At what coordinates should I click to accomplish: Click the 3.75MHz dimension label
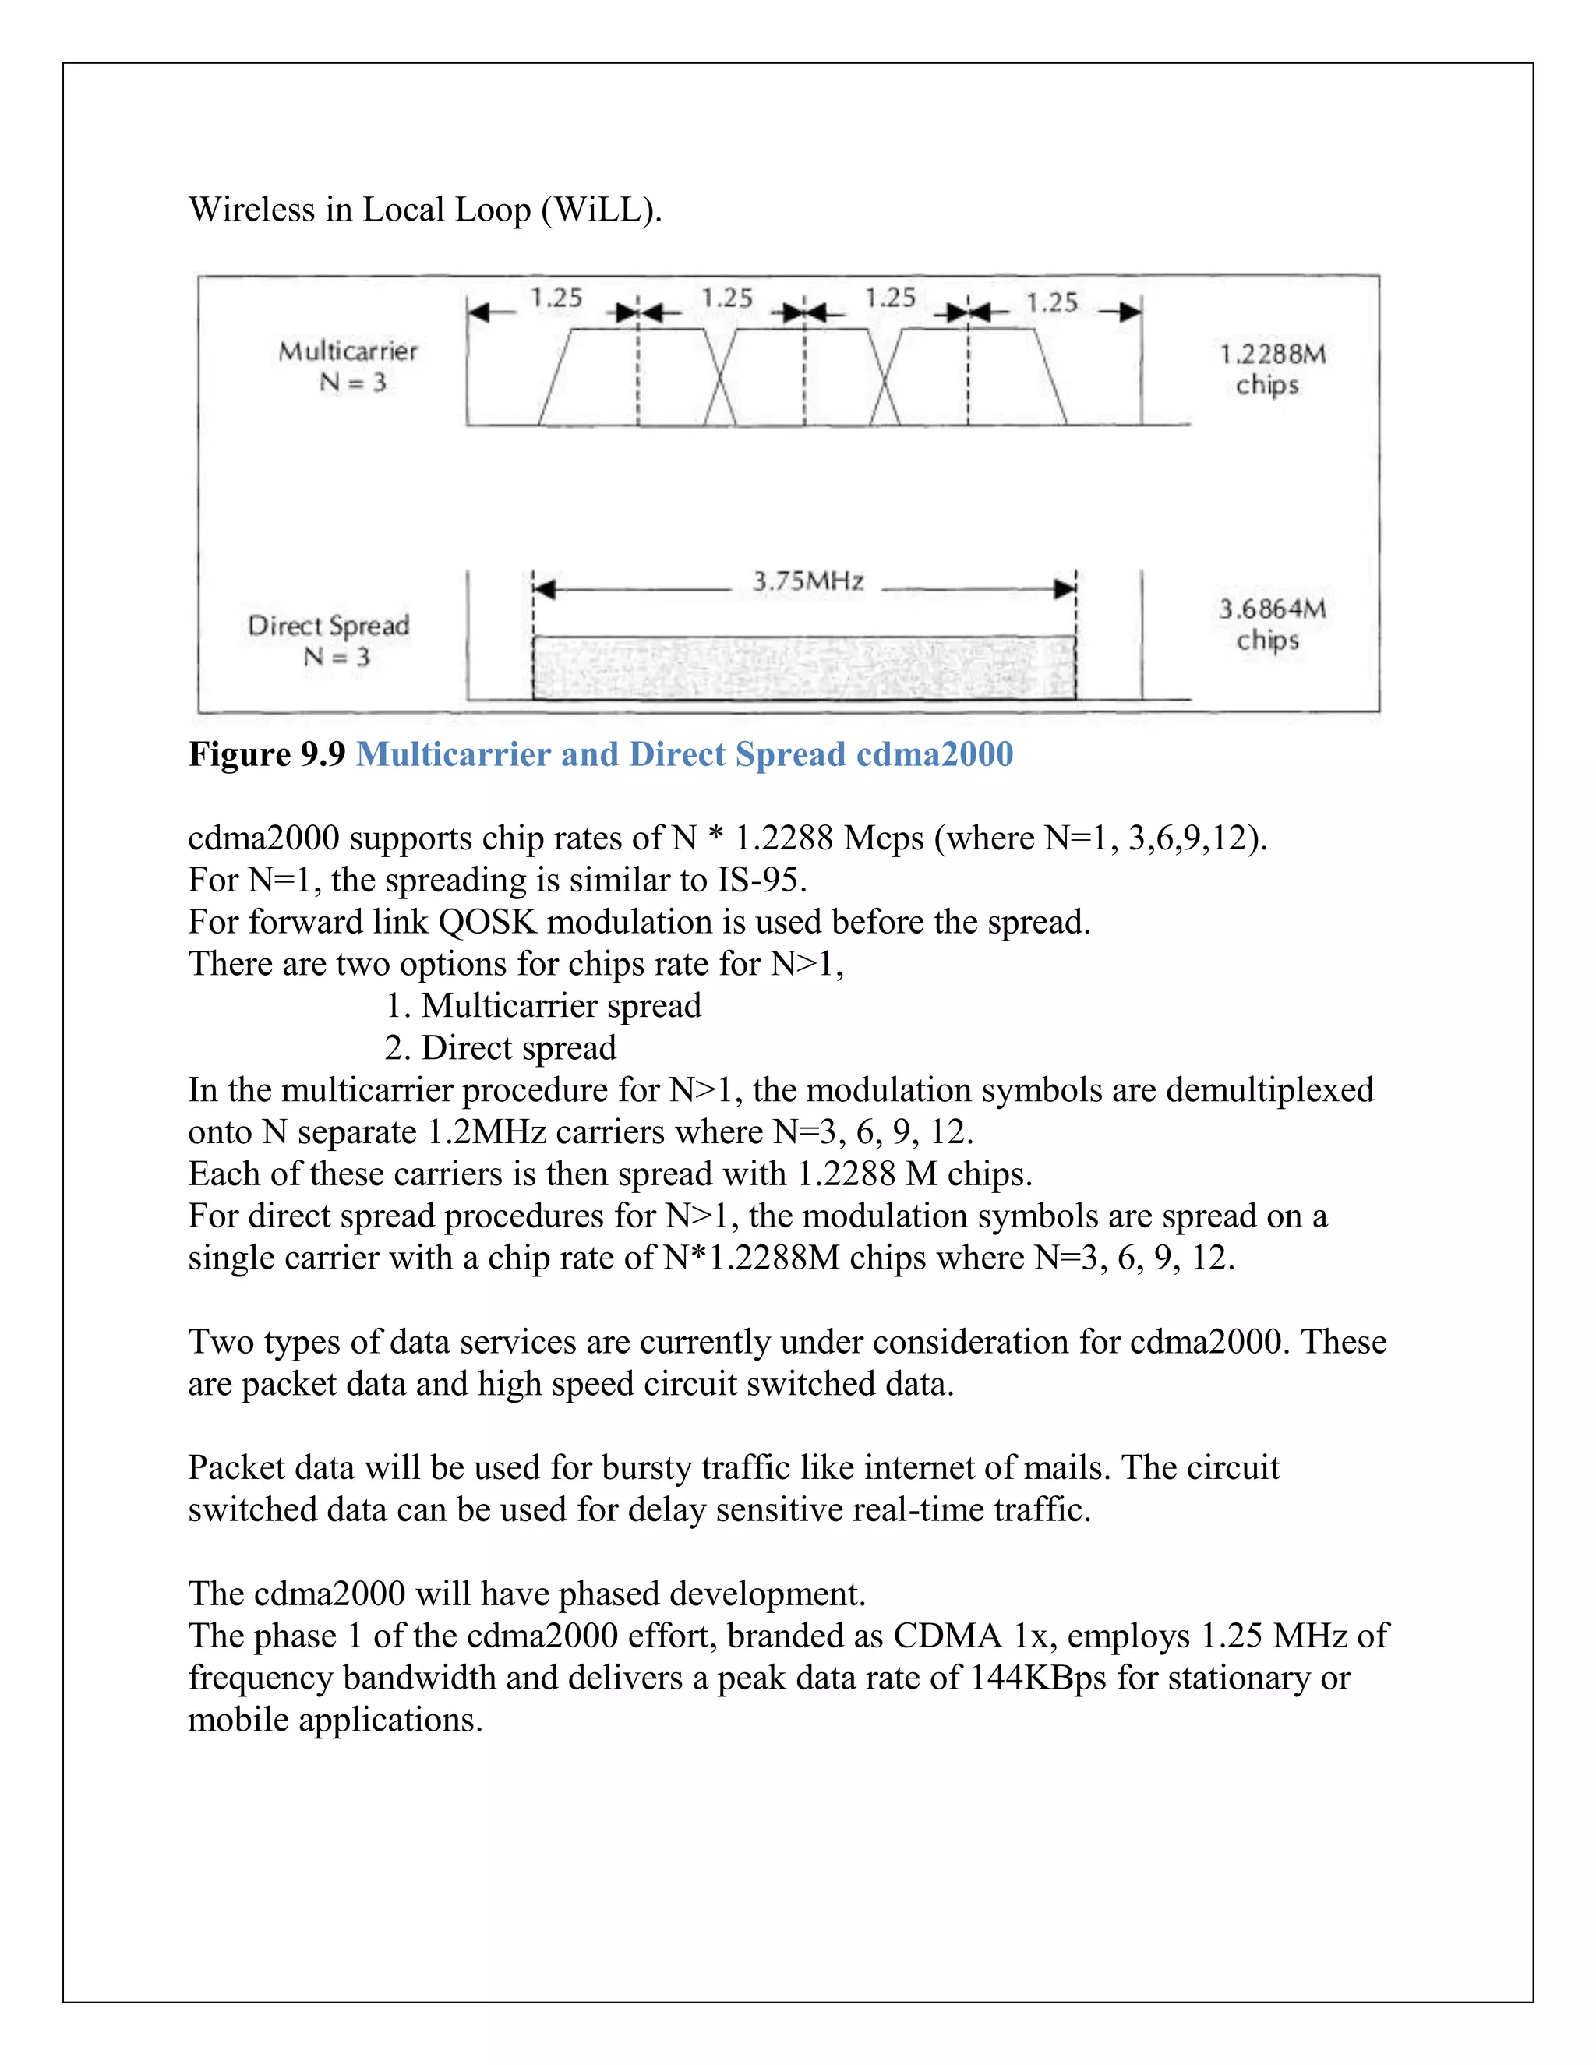(808, 581)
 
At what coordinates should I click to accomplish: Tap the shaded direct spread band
(803, 668)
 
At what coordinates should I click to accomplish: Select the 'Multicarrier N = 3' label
(348, 367)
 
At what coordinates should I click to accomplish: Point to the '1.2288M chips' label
(1272, 369)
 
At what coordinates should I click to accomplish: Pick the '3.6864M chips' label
(1272, 624)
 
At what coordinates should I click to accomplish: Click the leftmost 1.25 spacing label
(556, 298)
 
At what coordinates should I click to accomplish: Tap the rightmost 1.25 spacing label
(1051, 302)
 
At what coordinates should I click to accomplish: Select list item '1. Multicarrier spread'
(542, 1006)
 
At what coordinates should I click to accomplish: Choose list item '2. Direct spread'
(500, 1047)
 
